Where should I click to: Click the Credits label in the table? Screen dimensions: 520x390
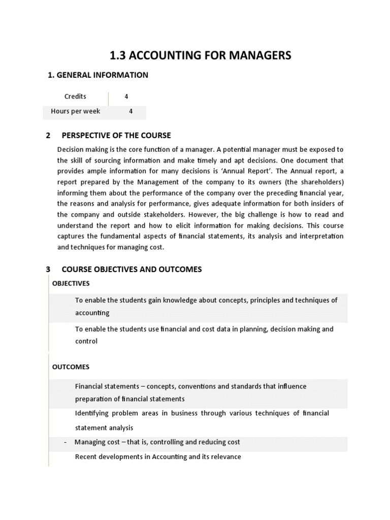tap(75, 96)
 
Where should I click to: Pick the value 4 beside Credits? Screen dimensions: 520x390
tap(126, 96)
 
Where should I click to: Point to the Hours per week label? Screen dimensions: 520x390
tap(75, 111)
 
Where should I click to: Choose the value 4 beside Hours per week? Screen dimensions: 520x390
tap(131, 111)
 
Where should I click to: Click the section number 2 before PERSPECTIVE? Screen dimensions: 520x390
tap(48, 136)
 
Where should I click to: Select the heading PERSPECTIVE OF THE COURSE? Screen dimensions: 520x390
tap(116, 136)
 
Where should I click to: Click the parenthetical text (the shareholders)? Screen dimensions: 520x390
tap(315, 182)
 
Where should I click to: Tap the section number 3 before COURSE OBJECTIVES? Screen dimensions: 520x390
tap(48, 270)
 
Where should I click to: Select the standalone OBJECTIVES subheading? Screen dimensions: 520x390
tap(71, 283)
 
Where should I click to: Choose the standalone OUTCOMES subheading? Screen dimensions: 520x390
tap(71, 367)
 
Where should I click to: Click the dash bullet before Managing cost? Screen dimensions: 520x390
tap(66, 442)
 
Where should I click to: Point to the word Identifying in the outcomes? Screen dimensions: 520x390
tap(93, 413)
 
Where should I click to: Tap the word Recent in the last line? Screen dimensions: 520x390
tap(86, 457)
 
